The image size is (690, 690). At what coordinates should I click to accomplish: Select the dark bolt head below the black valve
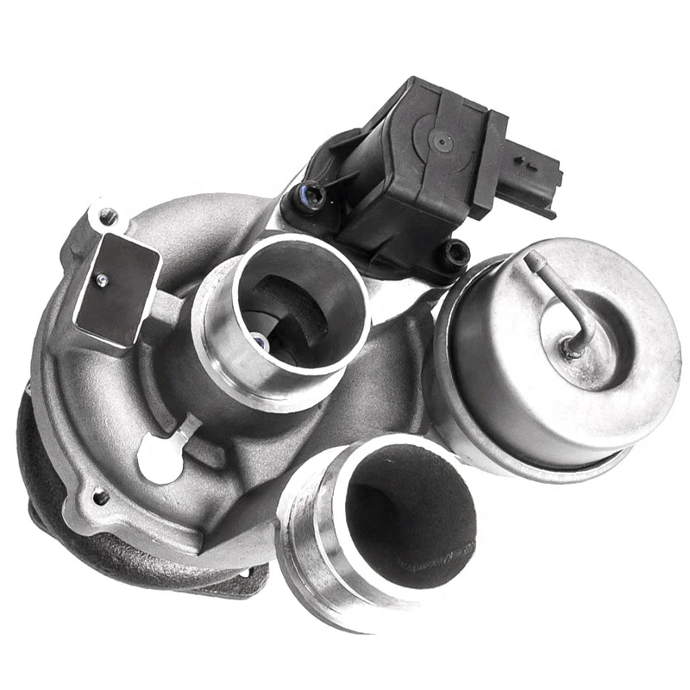(x=454, y=251)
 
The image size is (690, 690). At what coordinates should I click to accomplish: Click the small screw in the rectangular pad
(x=101, y=278)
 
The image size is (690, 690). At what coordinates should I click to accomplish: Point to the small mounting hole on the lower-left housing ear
(x=101, y=498)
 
